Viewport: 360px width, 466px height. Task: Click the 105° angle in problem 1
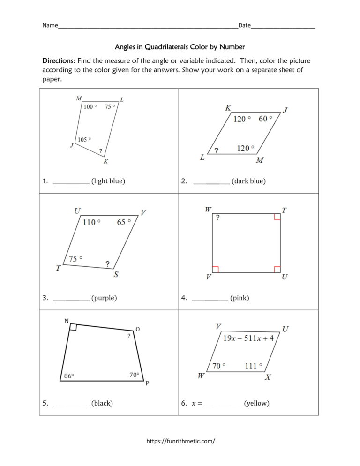coord(84,140)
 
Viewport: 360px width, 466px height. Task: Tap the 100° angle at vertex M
coord(90,107)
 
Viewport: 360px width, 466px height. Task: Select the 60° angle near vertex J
coord(265,119)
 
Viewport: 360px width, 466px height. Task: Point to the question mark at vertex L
coord(216,150)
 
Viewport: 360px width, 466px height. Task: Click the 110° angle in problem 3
coord(91,222)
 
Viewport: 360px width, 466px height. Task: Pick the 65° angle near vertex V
coord(124,222)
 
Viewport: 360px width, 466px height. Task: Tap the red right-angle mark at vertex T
coord(277,217)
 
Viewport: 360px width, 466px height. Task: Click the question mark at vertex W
coord(217,218)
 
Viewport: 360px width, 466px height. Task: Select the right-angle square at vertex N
coord(73,327)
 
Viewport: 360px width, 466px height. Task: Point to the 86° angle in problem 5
coord(69,376)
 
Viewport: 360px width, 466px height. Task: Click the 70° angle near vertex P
coord(134,375)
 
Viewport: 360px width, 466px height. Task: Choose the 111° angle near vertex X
coord(253,366)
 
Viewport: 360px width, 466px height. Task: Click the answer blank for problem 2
coord(211,181)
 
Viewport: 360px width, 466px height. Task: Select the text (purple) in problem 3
coord(104,298)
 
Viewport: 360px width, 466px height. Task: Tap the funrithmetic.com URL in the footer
coord(180,441)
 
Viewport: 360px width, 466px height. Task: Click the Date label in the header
coord(245,25)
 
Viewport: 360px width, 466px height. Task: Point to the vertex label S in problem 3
coord(116,275)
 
